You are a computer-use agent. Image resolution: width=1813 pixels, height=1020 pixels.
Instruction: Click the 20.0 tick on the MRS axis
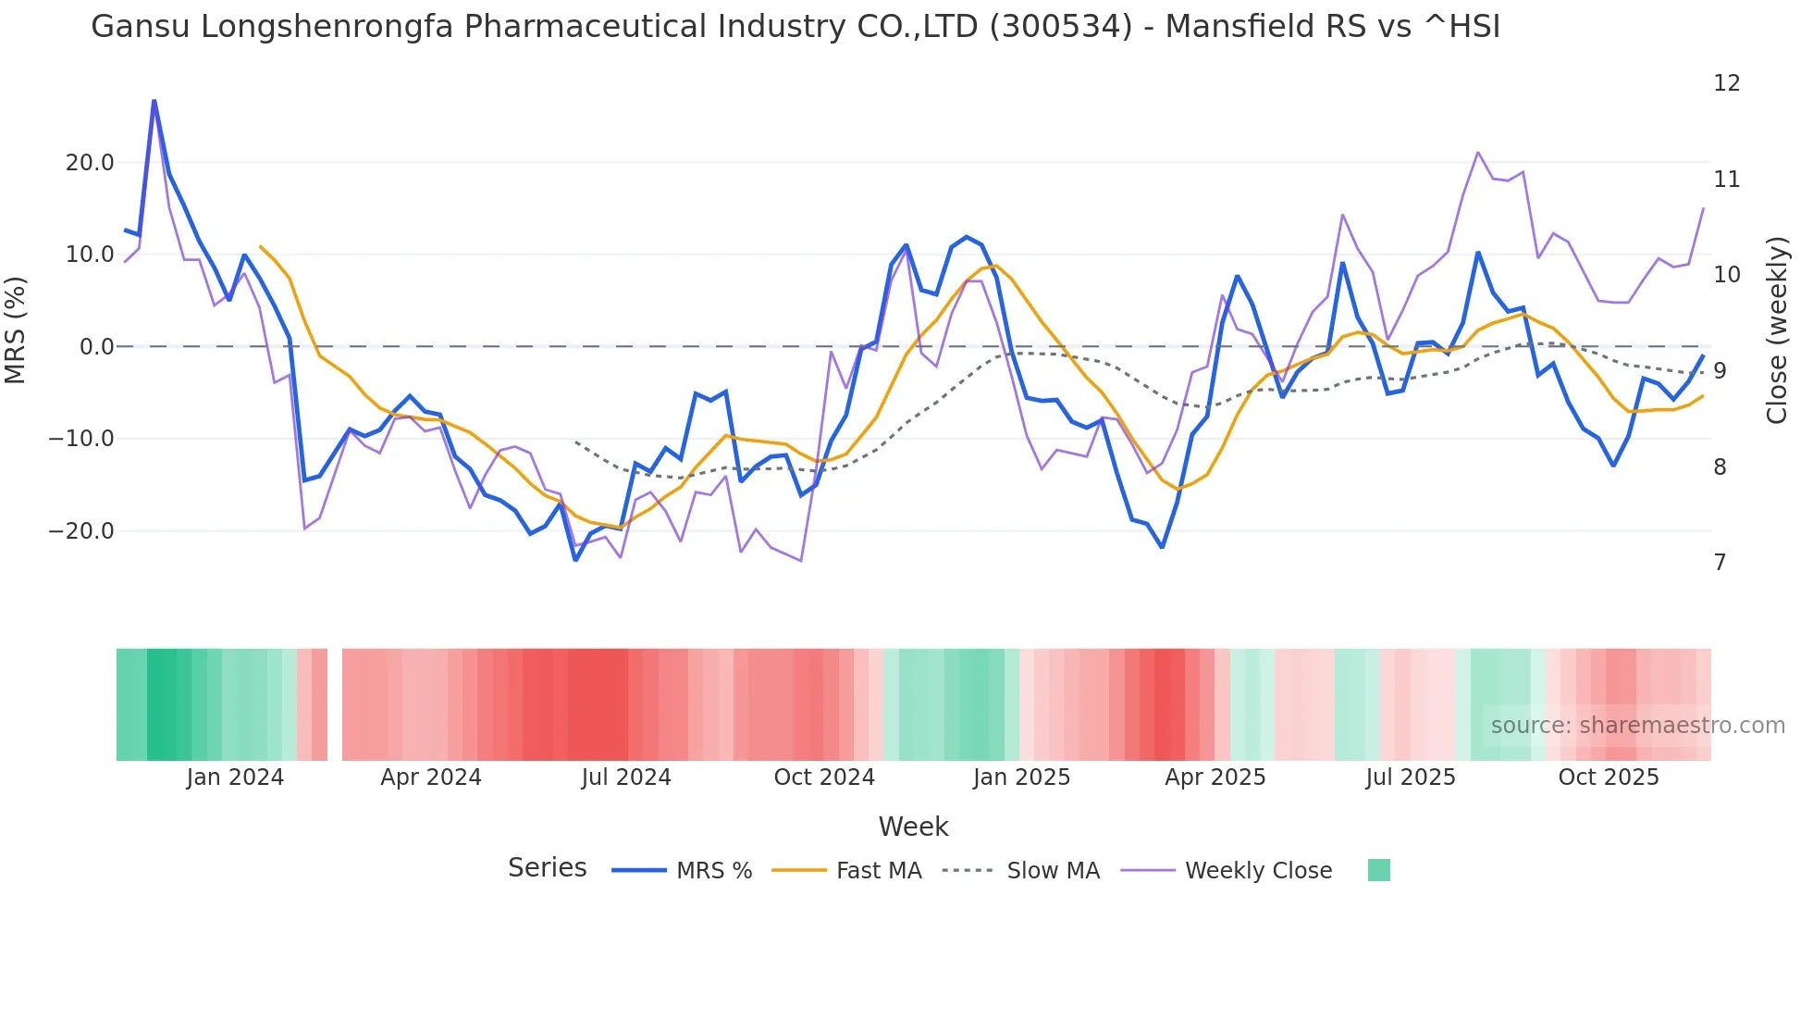(x=89, y=163)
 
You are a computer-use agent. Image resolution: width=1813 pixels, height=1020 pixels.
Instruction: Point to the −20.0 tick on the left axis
(x=81, y=531)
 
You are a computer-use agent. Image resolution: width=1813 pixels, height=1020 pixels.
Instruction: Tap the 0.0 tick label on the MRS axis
(x=96, y=347)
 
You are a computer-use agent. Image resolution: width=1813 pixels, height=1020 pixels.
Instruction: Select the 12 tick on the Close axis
(x=1726, y=83)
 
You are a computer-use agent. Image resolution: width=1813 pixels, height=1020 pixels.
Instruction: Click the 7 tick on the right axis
(x=1720, y=563)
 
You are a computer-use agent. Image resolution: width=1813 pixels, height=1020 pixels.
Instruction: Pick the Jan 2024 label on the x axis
(x=235, y=777)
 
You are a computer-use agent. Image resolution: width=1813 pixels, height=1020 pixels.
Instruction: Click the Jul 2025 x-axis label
(x=1410, y=777)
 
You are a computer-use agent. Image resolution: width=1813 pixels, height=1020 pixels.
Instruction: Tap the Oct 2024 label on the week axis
(x=823, y=777)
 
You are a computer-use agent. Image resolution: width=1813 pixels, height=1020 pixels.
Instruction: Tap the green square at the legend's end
(x=1378, y=870)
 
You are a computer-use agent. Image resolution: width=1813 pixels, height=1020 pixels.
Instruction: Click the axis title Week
(x=913, y=827)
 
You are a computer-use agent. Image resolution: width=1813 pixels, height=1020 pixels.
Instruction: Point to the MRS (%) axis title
(x=16, y=330)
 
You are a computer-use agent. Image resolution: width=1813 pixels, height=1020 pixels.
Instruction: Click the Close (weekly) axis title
(x=1777, y=330)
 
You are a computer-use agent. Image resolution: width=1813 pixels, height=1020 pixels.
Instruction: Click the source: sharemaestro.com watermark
(x=1637, y=726)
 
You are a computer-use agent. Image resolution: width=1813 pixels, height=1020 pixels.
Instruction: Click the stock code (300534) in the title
(x=1060, y=27)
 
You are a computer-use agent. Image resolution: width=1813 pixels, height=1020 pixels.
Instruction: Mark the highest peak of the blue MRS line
(x=154, y=100)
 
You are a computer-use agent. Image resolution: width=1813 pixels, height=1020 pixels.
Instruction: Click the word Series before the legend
(x=547, y=868)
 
